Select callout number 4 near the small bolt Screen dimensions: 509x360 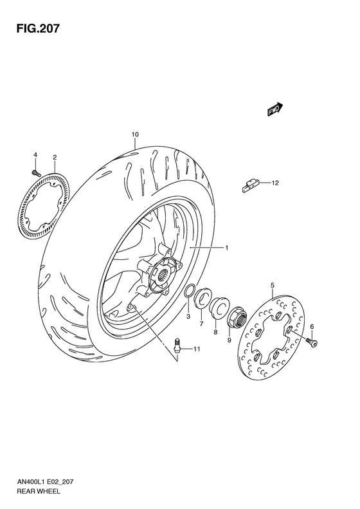point(35,155)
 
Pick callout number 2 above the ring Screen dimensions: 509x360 point(55,157)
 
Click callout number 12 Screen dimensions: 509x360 point(274,183)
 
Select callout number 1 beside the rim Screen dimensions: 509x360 point(226,247)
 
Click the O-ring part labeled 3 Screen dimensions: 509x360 point(190,292)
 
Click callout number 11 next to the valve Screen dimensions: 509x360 point(197,349)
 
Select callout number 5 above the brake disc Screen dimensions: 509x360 point(273,284)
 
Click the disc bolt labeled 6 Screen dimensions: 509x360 point(312,343)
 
